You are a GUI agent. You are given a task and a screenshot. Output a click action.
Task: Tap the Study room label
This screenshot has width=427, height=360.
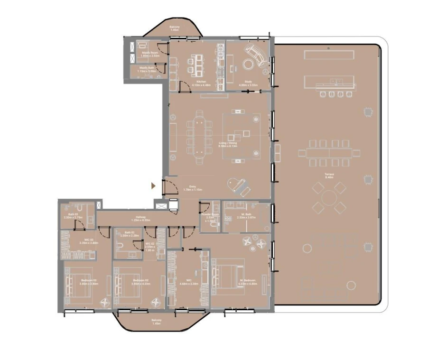tap(248, 83)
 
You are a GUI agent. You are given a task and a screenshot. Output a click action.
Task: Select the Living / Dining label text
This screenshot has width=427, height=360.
tap(227, 144)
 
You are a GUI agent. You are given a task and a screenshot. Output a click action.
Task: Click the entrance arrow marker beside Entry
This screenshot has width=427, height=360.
tap(153, 186)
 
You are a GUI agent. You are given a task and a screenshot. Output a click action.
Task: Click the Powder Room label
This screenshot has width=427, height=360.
tap(209, 216)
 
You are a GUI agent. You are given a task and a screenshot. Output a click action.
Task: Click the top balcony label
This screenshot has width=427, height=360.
tap(174, 28)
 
